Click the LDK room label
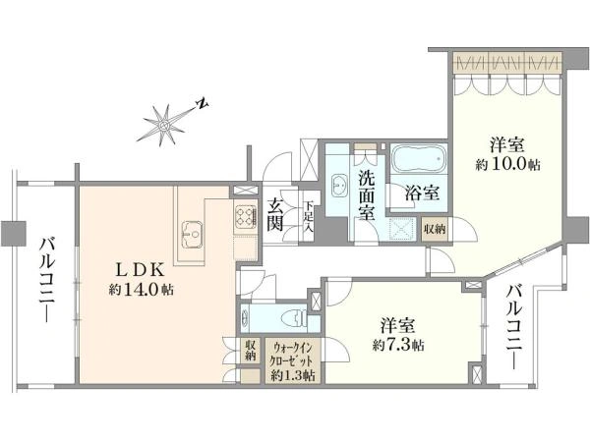click(141, 269)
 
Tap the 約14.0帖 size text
click(141, 290)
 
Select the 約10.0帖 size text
click(507, 164)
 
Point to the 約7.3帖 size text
click(398, 345)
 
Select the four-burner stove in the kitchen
click(246, 218)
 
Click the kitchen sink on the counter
click(193, 235)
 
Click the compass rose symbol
click(163, 125)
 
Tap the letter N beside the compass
click(203, 104)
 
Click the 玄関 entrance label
click(275, 215)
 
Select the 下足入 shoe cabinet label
click(309, 217)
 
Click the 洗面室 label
click(366, 195)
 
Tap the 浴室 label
click(422, 193)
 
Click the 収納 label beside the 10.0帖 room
click(435, 228)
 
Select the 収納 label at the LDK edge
click(251, 351)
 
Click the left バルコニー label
click(47, 279)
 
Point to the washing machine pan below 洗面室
click(402, 228)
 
